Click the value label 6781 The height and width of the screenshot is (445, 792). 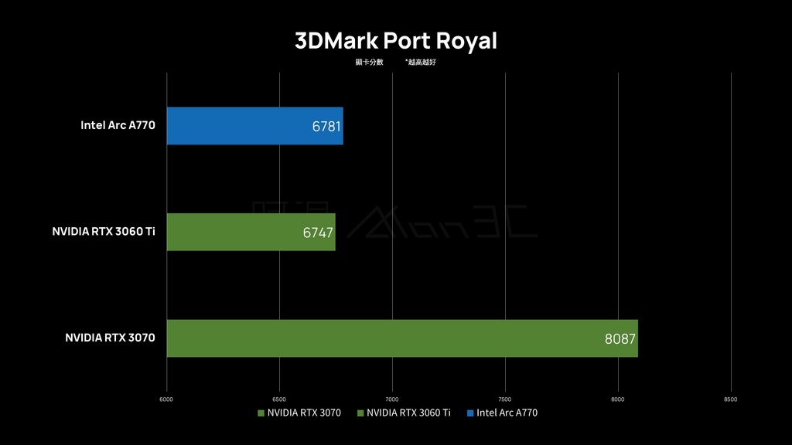click(326, 126)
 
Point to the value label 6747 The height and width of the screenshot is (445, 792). click(318, 233)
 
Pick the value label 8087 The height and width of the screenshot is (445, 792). click(620, 338)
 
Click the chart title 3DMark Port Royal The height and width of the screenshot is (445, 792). click(396, 41)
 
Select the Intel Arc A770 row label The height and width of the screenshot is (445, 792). click(118, 124)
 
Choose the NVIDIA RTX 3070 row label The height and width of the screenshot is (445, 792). click(110, 338)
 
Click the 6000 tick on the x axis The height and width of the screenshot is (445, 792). click(166, 399)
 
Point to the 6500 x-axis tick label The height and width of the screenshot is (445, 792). click(279, 399)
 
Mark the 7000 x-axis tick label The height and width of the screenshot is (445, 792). click(392, 399)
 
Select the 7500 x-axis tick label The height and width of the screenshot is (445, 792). click(505, 399)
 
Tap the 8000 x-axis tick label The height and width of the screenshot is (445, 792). click(618, 399)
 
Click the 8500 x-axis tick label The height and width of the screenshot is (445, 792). click(731, 399)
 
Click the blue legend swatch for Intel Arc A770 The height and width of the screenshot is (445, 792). click(471, 413)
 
